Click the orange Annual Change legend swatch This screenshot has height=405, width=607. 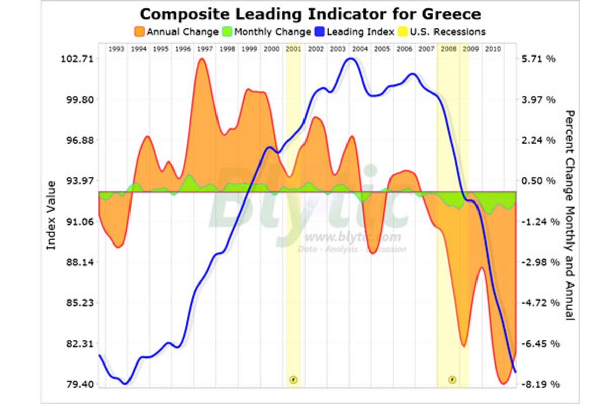tap(139, 32)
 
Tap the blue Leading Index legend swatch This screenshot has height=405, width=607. tap(319, 32)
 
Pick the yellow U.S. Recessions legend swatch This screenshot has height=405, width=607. tap(404, 32)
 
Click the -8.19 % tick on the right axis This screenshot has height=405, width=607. tap(540, 384)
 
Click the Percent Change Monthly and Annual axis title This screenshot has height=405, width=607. tap(570, 215)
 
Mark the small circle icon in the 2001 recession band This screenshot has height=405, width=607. tap(293, 379)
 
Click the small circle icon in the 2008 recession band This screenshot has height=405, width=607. tap(453, 379)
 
